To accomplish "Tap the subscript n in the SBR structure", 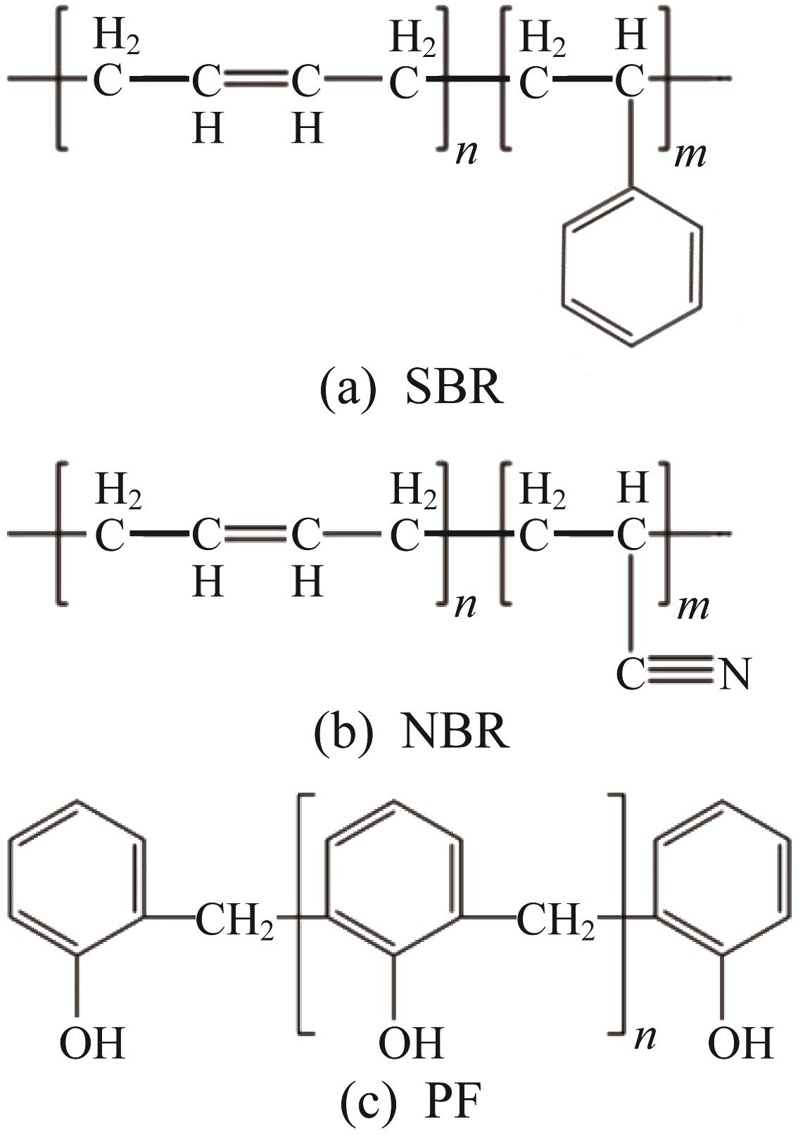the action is (466, 154).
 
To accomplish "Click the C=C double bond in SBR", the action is (257, 80).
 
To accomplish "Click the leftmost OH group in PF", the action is (92, 1043).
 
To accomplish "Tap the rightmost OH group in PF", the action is (741, 1043).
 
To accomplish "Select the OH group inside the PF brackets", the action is (411, 1043).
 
